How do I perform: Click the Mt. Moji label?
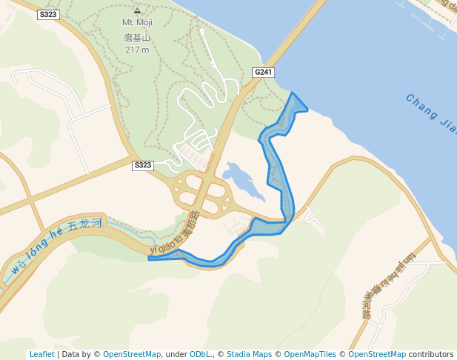(137, 23)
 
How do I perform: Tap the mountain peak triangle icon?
(137, 11)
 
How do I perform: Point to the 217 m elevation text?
(137, 50)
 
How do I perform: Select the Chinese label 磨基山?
(137, 36)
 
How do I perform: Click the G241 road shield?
(263, 73)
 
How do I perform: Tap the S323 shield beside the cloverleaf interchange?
(143, 165)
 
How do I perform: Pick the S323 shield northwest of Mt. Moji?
(48, 14)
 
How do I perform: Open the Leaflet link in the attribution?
(41, 355)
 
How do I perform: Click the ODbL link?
(200, 355)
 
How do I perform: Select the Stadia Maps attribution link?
(249, 355)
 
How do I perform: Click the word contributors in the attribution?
(431, 355)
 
